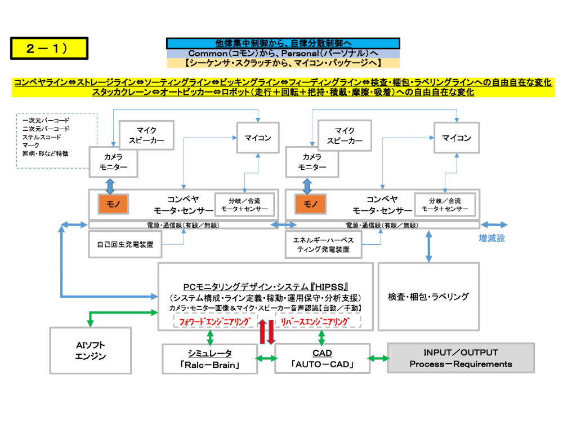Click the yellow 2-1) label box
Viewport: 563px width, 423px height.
pyautogui.click(x=49, y=48)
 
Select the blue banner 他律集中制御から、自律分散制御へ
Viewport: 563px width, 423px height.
pyautogui.click(x=283, y=43)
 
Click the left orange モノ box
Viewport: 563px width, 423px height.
pyautogui.click(x=113, y=204)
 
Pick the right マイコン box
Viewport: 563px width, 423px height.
pyautogui.click(x=455, y=138)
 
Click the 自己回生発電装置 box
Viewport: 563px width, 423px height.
pyautogui.click(x=126, y=244)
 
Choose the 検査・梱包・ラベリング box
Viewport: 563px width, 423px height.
pyautogui.click(x=428, y=296)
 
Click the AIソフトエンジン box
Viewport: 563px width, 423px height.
pyautogui.click(x=90, y=350)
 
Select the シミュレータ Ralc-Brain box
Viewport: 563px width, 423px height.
pyautogui.click(x=209, y=359)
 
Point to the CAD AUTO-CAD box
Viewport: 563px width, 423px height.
pyautogui.click(x=322, y=359)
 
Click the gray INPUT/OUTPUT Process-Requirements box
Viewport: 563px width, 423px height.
pyautogui.click(x=461, y=358)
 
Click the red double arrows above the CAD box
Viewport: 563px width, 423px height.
pyautogui.click(x=266, y=331)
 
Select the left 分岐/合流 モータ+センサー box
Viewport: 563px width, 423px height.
pyautogui.click(x=244, y=204)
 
